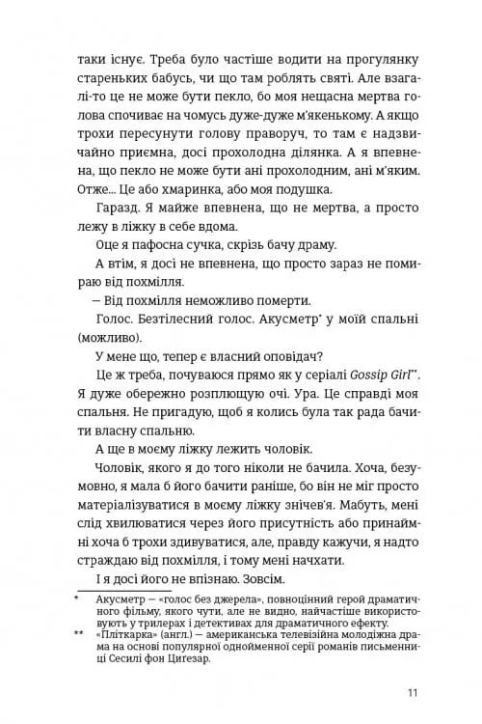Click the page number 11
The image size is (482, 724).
[x=412, y=692]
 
